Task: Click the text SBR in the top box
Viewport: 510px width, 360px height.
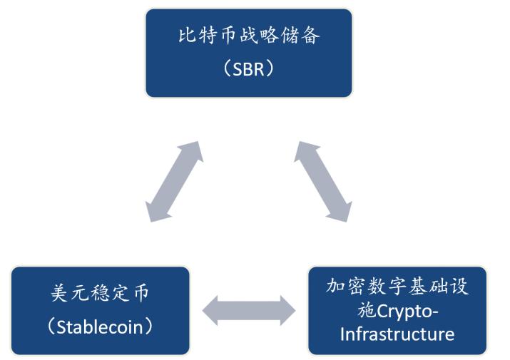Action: click(x=249, y=68)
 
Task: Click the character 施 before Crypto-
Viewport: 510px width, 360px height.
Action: click(x=366, y=311)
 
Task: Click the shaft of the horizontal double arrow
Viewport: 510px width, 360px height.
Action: click(x=249, y=311)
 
